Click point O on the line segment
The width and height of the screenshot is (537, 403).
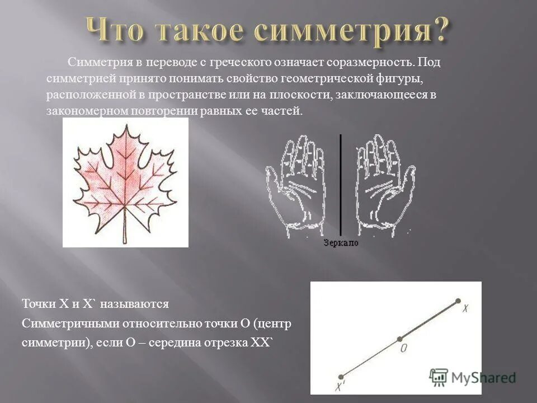[x=399, y=339]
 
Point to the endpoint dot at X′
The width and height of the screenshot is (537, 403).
[x=341, y=377]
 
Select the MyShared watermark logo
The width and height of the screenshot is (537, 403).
[x=473, y=377]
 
